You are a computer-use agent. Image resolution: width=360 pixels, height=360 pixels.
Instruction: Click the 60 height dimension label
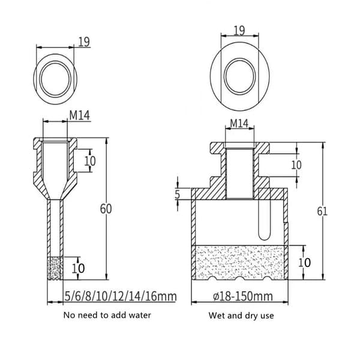(106, 209)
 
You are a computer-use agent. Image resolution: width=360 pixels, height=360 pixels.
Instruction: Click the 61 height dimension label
(322, 211)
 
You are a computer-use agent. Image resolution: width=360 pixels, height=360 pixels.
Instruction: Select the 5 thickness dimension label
(177, 194)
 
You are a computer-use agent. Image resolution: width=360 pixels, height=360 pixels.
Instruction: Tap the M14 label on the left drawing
(79, 115)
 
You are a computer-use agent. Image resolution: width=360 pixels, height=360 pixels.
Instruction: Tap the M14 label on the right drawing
(239, 124)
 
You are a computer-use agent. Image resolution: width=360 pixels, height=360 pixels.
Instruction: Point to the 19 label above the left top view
(84, 42)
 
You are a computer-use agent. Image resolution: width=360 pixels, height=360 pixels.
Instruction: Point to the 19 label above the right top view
(239, 31)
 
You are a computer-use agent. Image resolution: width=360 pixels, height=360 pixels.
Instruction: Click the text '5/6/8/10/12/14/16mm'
(121, 296)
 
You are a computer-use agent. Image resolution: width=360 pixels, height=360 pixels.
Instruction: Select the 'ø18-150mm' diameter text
(243, 296)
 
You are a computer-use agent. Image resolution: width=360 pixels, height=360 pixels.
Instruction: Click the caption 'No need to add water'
(107, 315)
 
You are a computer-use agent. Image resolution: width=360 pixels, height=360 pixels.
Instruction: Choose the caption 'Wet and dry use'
(241, 315)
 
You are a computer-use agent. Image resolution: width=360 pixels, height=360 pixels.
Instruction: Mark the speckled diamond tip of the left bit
(55, 268)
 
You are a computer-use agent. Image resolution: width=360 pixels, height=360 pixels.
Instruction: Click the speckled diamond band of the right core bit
(239, 262)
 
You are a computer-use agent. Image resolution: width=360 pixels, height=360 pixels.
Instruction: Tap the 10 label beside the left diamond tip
(78, 268)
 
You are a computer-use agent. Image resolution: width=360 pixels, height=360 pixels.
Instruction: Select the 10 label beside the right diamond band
(304, 262)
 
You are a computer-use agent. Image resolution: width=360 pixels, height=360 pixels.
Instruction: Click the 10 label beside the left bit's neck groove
(90, 161)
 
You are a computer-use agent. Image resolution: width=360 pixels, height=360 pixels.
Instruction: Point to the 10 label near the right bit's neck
(296, 165)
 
